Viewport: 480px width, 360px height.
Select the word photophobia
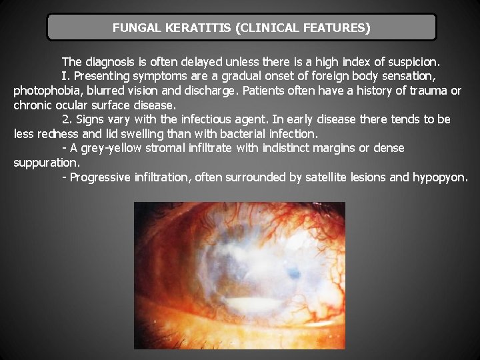click(x=45, y=90)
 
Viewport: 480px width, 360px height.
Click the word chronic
click(x=33, y=105)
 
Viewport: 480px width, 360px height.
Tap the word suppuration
click(x=45, y=162)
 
